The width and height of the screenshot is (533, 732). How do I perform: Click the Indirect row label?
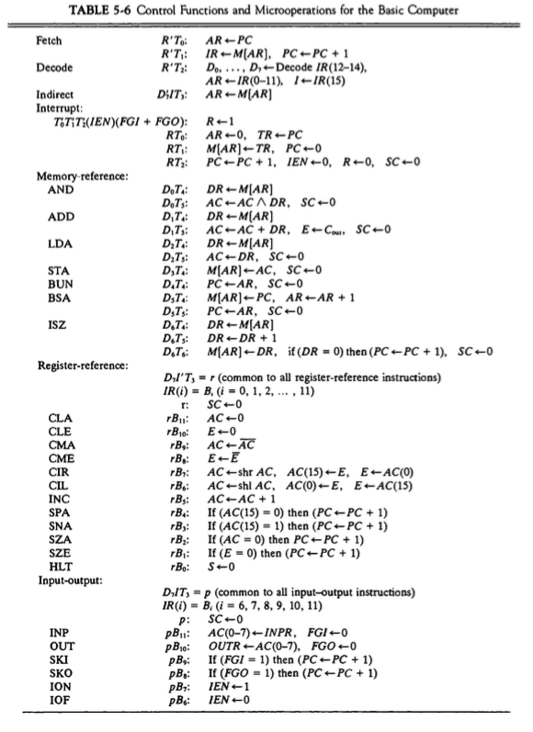55,93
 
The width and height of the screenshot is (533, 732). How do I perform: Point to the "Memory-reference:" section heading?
77,175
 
